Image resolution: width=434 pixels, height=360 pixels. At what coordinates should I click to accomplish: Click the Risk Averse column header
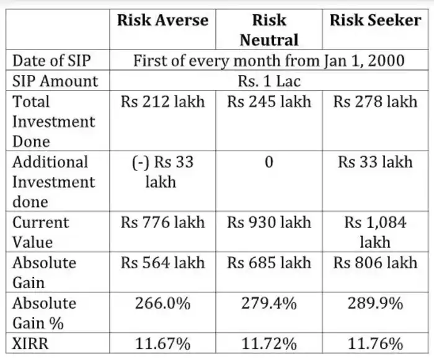tap(163, 20)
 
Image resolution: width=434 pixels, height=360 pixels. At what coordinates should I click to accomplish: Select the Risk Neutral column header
tap(269, 30)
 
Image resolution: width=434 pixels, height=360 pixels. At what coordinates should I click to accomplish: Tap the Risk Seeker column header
tap(375, 20)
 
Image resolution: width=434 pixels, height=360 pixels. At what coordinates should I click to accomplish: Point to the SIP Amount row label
tap(55, 81)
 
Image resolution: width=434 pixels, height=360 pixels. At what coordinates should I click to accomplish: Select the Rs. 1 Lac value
tap(269, 81)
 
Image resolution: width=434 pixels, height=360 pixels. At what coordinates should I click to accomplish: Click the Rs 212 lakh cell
tap(163, 102)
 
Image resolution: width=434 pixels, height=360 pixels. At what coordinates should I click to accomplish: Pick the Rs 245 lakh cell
tap(269, 102)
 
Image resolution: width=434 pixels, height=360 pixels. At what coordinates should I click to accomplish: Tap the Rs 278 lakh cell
tap(375, 102)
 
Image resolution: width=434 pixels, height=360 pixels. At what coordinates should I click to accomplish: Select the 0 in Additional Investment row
tap(269, 162)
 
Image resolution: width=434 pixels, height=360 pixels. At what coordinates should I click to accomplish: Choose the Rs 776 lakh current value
tap(163, 222)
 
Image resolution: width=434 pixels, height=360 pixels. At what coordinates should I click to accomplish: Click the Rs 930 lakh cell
tap(269, 222)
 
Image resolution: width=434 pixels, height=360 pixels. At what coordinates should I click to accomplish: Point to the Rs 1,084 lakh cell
tap(375, 232)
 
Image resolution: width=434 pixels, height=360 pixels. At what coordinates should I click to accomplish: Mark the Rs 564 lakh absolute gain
tap(163, 263)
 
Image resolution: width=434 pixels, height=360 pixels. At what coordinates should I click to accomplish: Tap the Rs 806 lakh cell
tap(375, 263)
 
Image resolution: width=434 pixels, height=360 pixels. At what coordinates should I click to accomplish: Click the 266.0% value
tap(163, 304)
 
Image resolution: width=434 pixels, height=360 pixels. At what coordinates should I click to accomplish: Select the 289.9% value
tap(375, 304)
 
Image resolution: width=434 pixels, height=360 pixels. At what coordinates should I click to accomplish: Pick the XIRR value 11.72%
tap(269, 343)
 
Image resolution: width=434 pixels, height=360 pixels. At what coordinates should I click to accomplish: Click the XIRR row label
tap(32, 343)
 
